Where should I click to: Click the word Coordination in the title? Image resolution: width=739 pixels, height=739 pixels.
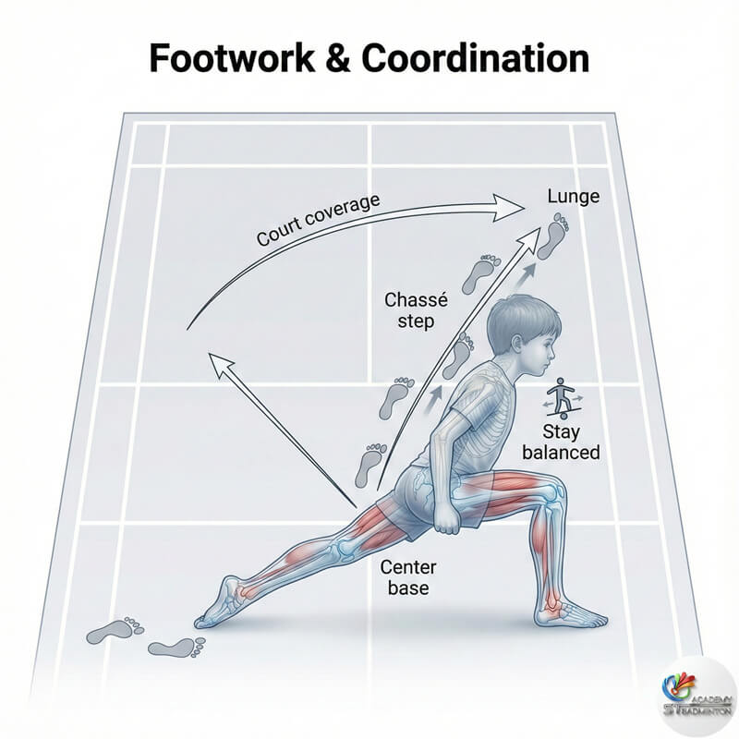[x=476, y=58]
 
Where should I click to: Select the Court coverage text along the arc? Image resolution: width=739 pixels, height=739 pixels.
[x=319, y=222]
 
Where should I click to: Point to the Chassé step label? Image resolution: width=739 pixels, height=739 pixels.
[x=413, y=310]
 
